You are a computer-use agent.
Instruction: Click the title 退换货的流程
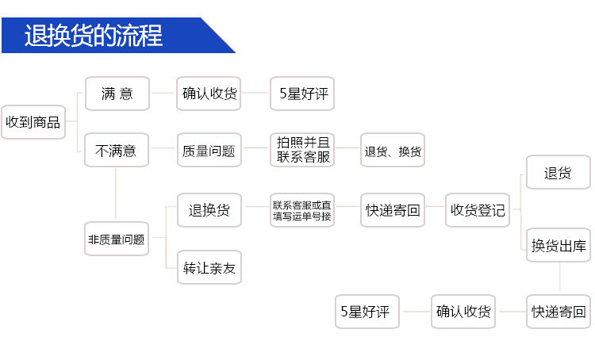[x=94, y=36]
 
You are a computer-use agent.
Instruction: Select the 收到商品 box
[x=33, y=122]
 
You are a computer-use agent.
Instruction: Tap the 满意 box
[x=117, y=94]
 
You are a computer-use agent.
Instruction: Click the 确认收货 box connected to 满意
[x=209, y=94]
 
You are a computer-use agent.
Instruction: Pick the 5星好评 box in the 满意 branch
[x=302, y=94]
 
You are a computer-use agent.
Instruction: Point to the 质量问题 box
[x=209, y=150]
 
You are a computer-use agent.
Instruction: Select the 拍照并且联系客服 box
[x=302, y=150]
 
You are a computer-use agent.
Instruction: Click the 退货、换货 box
[x=393, y=150]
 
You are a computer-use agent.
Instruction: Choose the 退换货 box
[x=209, y=210]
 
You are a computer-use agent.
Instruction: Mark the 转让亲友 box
[x=209, y=267]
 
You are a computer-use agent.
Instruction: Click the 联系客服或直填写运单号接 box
[x=302, y=210]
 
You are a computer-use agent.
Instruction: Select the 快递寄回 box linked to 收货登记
[x=393, y=210]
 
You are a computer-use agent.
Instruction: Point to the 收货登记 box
[x=478, y=210]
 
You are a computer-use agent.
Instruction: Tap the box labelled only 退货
[x=558, y=173]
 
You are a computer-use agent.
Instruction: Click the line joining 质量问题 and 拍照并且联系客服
[x=255, y=150]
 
